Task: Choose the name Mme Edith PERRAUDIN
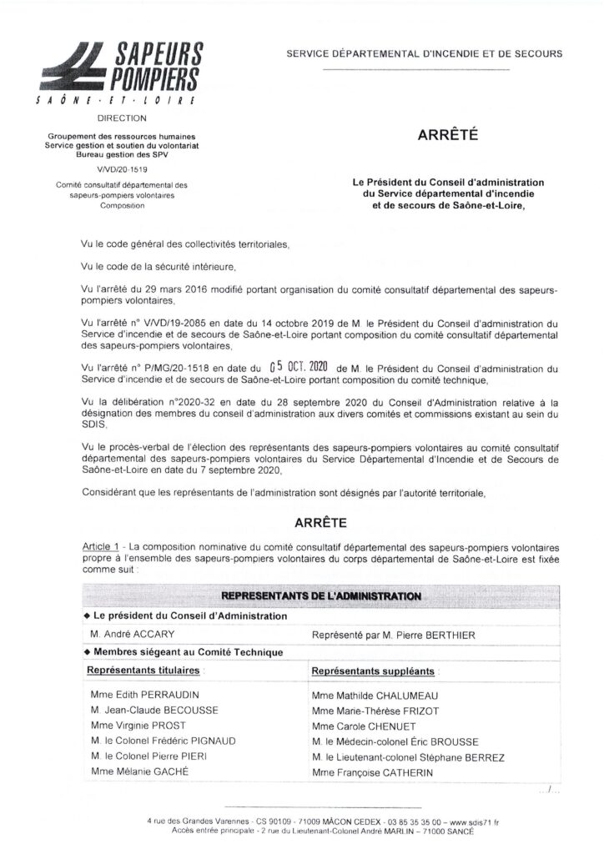tap(142, 695)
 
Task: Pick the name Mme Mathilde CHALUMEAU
tap(375, 695)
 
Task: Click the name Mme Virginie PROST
tap(134, 726)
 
